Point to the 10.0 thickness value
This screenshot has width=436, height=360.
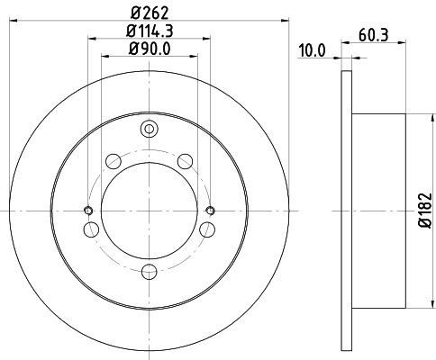(x=311, y=51)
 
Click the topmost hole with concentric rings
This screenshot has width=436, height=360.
(x=149, y=131)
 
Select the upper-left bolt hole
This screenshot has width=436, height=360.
(x=114, y=161)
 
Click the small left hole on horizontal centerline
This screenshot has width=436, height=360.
(x=88, y=211)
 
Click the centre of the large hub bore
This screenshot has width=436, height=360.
(x=149, y=211)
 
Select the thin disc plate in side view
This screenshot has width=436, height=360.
(x=347, y=211)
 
